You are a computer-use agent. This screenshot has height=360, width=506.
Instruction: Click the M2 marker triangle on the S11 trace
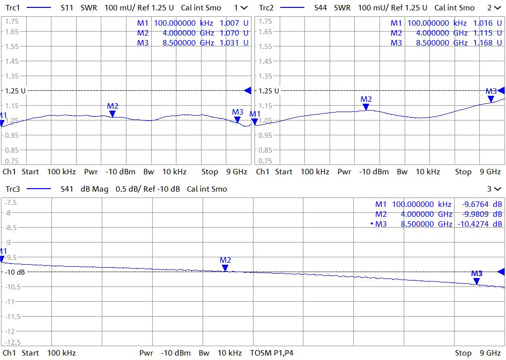point(112,114)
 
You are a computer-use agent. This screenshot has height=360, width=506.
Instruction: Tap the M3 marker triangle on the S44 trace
point(491,99)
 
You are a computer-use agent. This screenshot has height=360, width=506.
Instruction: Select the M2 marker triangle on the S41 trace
point(225,268)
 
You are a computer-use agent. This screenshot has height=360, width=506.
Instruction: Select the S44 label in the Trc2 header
point(321,8)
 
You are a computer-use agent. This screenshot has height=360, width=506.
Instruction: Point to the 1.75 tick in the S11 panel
point(12,21)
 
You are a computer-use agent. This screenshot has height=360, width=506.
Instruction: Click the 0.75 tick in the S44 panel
point(265,161)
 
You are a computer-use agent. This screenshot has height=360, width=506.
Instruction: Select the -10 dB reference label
point(15,272)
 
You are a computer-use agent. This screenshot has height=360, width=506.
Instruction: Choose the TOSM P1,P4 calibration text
point(272,353)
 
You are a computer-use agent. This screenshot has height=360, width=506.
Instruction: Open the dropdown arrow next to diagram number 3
point(497,189)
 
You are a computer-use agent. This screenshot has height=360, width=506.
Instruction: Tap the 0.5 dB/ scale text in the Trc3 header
point(127,189)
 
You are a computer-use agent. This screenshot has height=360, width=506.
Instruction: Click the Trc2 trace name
point(266,8)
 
